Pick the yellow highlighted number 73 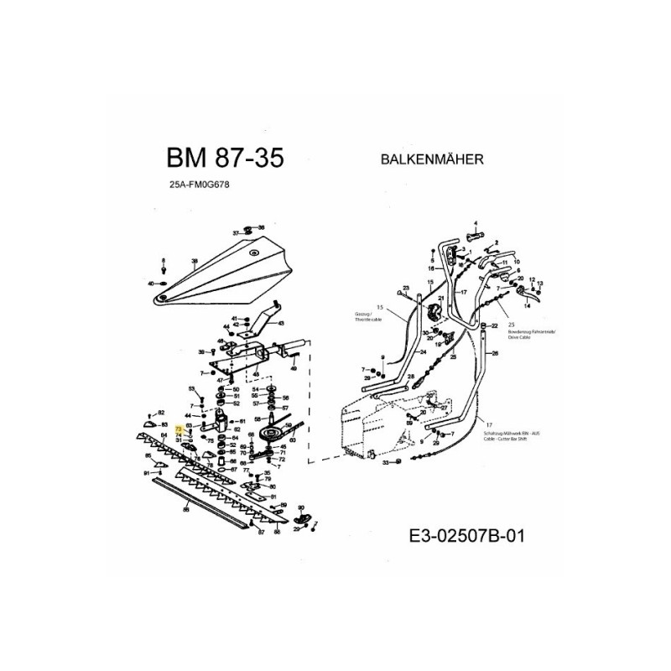pos(179,429)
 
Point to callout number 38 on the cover pos(194,262)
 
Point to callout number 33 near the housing pos(385,462)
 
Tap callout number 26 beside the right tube pos(495,353)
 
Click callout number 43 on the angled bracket pos(279,323)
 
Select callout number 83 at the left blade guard pos(164,426)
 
